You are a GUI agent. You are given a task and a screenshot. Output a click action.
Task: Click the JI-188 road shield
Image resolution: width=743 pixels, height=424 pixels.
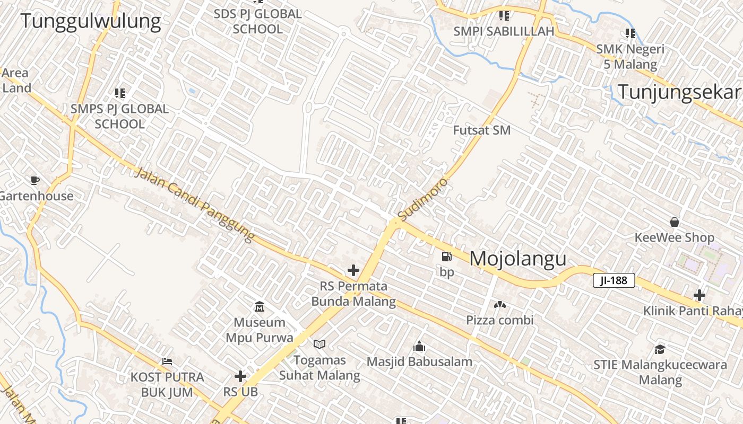coord(614,280)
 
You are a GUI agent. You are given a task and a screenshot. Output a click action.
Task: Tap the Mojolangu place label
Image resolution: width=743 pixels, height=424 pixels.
coord(518,259)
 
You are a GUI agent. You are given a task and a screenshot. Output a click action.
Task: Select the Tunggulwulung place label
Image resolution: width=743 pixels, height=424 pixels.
coord(91,21)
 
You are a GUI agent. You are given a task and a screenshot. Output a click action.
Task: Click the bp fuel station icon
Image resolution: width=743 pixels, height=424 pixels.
coord(447,257)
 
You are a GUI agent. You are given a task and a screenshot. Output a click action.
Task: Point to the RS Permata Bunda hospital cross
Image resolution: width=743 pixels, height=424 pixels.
coord(353,270)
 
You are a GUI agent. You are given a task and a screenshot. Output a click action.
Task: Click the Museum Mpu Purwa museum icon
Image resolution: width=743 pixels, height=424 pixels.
coord(260,306)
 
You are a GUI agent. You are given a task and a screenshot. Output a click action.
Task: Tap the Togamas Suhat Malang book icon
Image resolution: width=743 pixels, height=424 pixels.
coord(319,344)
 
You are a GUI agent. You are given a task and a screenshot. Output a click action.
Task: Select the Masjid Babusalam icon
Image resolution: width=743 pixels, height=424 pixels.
coord(419,347)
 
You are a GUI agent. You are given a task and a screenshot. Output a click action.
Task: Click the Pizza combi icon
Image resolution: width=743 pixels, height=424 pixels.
coord(499,305)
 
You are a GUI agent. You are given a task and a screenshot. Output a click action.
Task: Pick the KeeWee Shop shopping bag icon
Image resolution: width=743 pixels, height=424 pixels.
coord(675,222)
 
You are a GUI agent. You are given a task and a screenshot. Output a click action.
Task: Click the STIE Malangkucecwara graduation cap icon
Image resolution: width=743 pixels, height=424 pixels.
coord(660,349)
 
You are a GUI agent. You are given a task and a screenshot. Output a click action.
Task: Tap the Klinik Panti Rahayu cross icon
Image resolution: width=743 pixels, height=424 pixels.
coord(699,295)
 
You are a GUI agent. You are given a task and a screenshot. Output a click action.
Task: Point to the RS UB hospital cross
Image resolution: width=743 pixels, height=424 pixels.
coord(240,376)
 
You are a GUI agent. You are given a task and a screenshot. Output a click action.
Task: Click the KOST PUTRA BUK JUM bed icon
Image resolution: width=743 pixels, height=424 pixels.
coord(167,361)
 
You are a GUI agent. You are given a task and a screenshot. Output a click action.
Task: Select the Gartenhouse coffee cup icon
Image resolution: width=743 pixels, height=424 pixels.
coord(35,180)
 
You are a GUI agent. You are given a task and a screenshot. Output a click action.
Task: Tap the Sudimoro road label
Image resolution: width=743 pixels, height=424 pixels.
coord(423,200)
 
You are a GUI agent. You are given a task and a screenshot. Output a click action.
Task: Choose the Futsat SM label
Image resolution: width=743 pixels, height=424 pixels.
coord(482,130)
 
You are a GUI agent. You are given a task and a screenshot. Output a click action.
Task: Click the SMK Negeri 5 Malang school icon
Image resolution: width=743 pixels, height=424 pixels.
coord(630,33)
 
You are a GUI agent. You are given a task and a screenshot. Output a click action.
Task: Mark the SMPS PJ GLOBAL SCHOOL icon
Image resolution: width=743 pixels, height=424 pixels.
coord(120,93)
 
